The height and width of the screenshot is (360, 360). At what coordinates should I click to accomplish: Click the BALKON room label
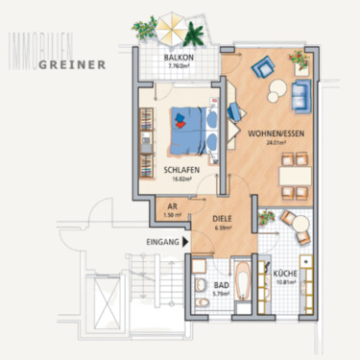pos(180,59)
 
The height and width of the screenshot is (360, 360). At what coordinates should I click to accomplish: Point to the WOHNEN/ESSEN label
pos(270,135)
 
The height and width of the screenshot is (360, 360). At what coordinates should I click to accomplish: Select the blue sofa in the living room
pos(300,94)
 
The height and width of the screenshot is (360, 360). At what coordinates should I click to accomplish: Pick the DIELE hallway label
pos(223,219)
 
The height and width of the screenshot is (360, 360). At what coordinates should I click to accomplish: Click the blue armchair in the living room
pos(261,67)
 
